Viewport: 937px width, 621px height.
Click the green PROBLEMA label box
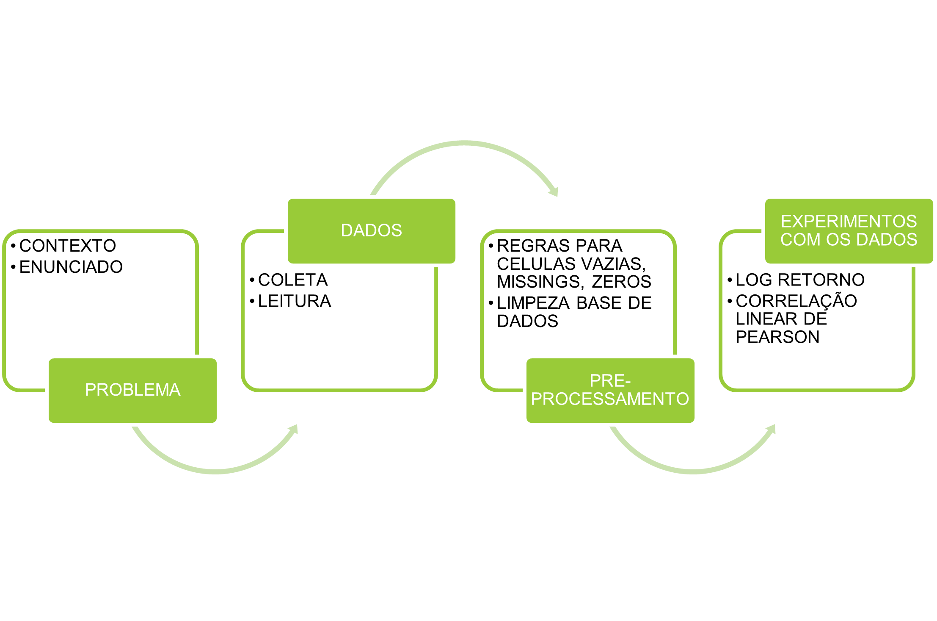pos(132,390)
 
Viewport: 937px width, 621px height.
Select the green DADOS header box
pos(371,230)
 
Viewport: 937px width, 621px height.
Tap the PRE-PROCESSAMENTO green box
pos(610,390)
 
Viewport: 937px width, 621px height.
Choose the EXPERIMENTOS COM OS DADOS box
pos(849,230)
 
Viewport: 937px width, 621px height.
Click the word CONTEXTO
pos(68,246)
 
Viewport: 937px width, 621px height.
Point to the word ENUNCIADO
pos(71,267)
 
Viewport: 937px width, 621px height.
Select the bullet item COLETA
pos(293,280)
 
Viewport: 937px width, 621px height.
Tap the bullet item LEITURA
pos(295,301)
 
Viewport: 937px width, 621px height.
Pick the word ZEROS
pos(621,282)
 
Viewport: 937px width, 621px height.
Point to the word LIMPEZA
pos(533,303)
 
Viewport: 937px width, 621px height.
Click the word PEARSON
pos(777,337)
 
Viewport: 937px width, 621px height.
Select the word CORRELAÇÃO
pos(796,301)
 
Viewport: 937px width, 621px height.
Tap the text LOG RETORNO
pos(800,280)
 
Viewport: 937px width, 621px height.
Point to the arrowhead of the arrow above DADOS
pos(554,191)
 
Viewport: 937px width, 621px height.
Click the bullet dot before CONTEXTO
pos(13,246)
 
